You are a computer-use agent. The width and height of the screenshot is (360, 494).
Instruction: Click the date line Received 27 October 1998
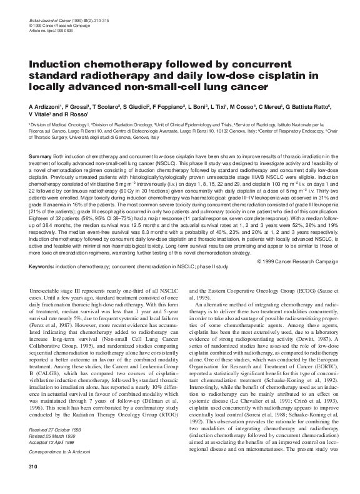(61, 448)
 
